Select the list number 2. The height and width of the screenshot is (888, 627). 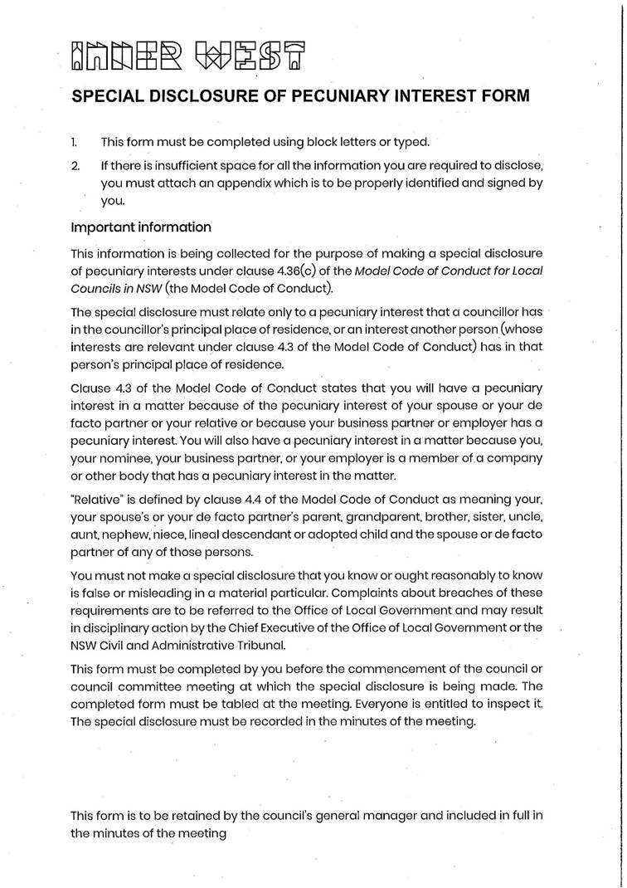click(x=75, y=166)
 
